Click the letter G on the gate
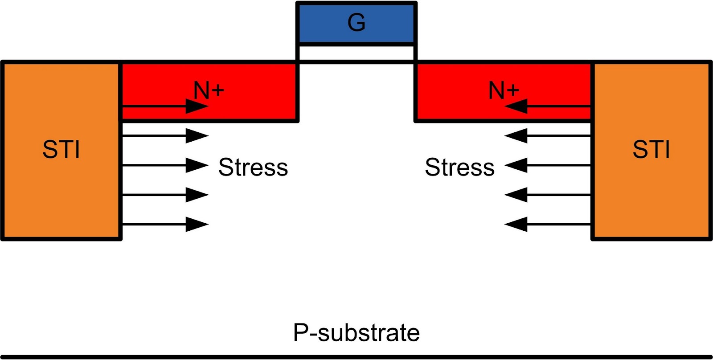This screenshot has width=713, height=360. click(x=356, y=23)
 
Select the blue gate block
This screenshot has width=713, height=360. click(x=356, y=22)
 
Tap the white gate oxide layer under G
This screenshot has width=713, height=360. click(x=356, y=53)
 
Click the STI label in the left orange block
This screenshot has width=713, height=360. click(x=61, y=149)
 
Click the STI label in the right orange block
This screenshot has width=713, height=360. click(x=651, y=149)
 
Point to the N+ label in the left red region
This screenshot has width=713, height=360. click(x=209, y=91)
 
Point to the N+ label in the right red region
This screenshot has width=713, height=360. click(x=504, y=91)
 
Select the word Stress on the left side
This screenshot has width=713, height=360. click(x=253, y=167)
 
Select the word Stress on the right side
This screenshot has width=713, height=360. click(x=459, y=167)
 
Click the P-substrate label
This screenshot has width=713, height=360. click(x=356, y=333)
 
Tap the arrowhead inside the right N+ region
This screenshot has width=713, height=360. click(x=516, y=106)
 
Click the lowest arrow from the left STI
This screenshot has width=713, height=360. click(x=165, y=225)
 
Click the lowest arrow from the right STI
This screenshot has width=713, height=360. click(x=548, y=225)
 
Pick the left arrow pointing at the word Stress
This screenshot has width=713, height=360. click(x=165, y=165)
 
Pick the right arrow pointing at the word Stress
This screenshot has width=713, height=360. click(x=548, y=165)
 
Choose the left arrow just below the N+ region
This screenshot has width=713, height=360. click(x=165, y=136)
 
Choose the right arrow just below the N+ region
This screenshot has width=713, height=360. click(x=548, y=136)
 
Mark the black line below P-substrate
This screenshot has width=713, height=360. click(x=356, y=357)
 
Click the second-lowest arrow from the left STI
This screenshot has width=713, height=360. click(x=165, y=195)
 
